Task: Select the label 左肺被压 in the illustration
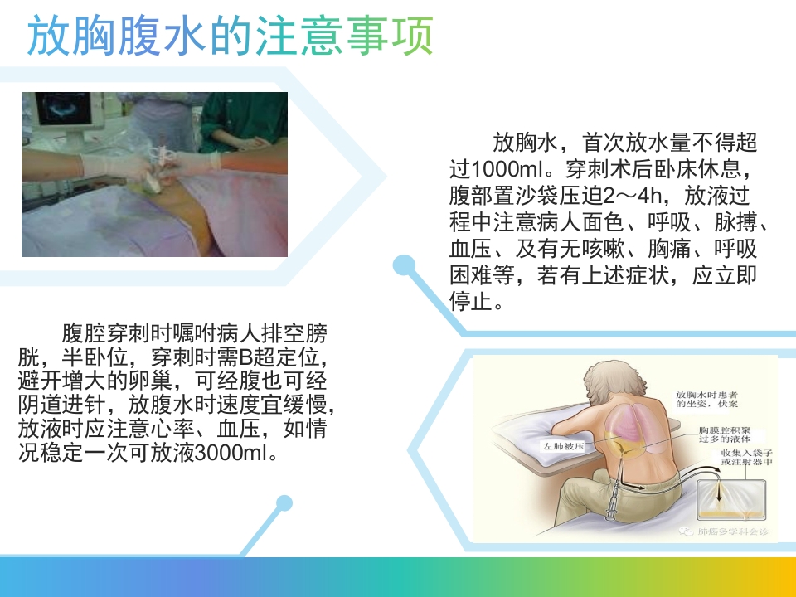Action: pos(565,445)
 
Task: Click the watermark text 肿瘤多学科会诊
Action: pos(734,531)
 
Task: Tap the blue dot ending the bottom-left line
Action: pos(284,503)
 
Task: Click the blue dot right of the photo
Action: pos(404,265)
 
